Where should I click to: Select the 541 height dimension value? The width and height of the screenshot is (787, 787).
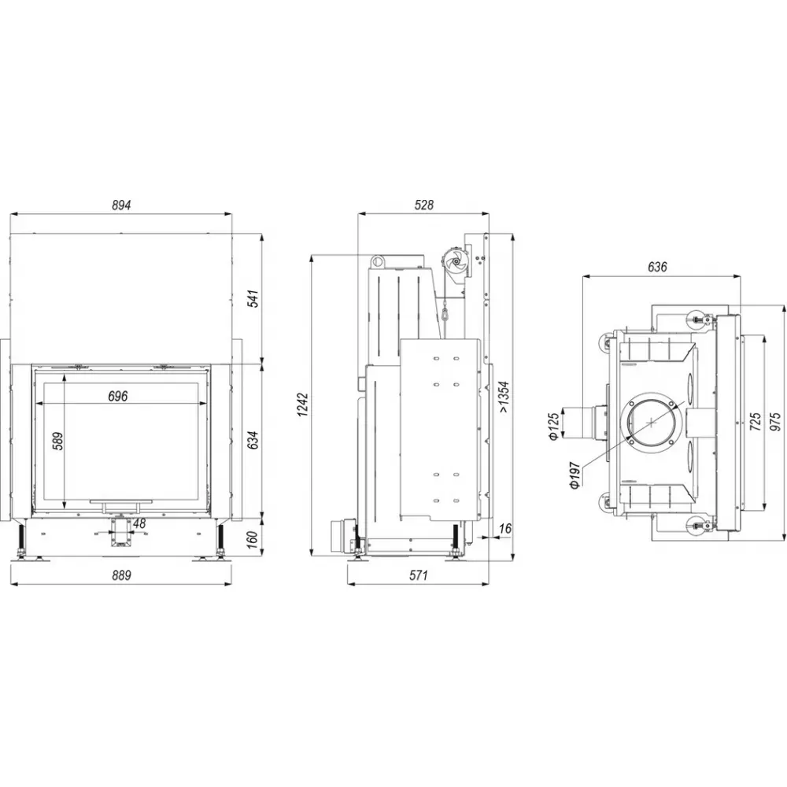[x=253, y=301]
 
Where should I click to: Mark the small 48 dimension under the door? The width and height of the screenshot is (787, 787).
[x=139, y=523]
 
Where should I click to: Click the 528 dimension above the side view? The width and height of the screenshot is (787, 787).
[x=423, y=205]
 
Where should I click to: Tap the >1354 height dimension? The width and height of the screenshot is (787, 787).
[x=504, y=397]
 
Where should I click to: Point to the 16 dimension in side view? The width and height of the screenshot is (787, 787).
[x=504, y=528]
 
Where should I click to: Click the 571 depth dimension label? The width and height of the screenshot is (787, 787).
[x=418, y=575]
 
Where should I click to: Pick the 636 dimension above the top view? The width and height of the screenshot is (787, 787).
[x=658, y=268]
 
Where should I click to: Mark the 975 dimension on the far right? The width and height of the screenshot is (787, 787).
[x=777, y=421]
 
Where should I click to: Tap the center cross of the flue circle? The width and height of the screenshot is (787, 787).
[x=652, y=421]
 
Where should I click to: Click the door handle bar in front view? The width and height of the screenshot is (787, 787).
[x=120, y=500]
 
